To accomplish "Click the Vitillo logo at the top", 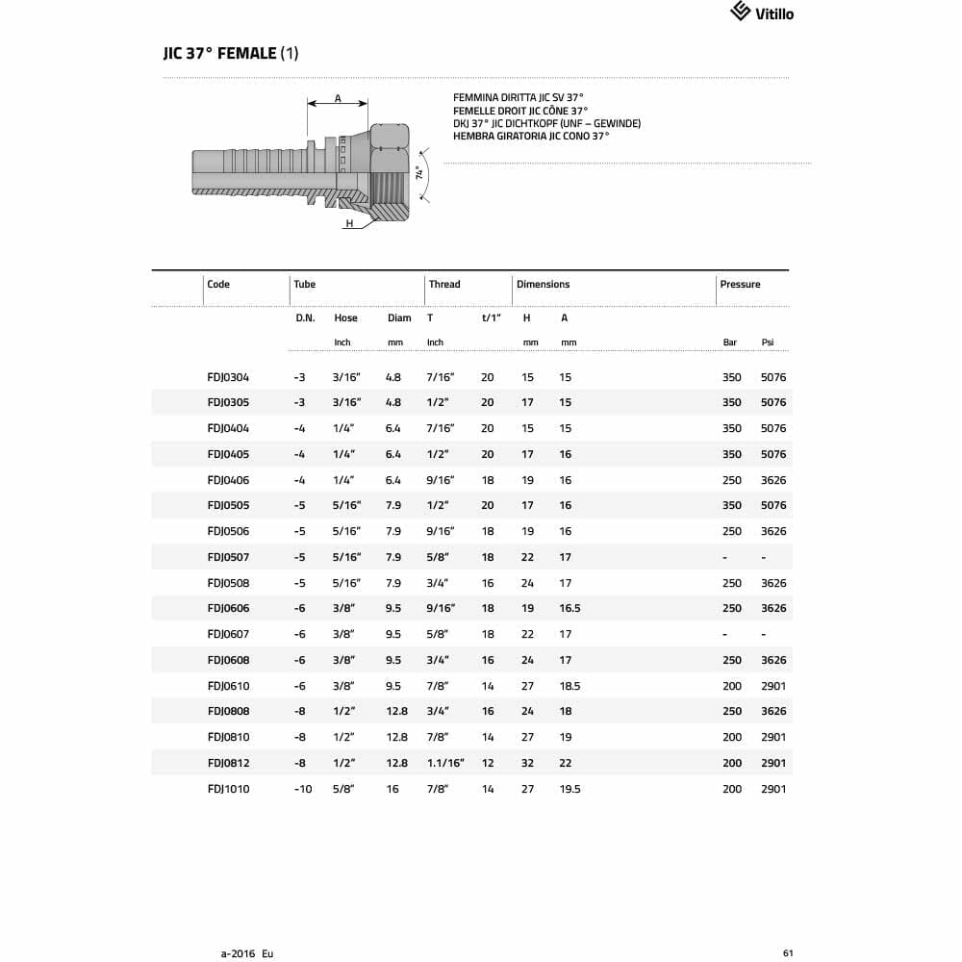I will point(762,13).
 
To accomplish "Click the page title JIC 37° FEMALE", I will point(231,54).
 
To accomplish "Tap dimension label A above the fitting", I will point(338,98).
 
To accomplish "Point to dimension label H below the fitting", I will point(350,223).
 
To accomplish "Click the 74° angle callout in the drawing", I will point(419,174).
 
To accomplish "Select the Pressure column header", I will point(740,285).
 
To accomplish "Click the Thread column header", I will point(444,285).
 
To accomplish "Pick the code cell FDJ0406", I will point(228,480).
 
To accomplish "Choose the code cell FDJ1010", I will point(228,789).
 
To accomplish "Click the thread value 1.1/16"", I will point(445,763).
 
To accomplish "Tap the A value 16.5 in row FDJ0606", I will point(570,609).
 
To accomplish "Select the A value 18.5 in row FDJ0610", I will point(570,686).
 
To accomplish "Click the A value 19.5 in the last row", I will point(570,789).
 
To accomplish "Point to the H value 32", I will point(527,763).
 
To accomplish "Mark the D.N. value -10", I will point(302,789).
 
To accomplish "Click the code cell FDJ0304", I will point(228,377).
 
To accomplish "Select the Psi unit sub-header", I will point(768,342).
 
